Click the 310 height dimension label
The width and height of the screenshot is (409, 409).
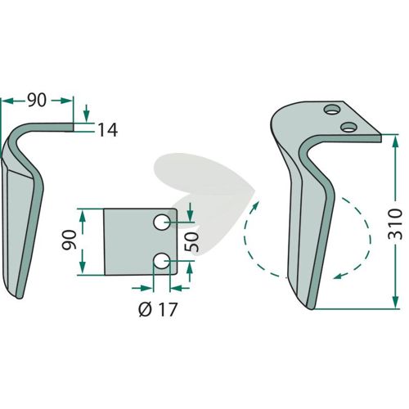[x=395, y=224]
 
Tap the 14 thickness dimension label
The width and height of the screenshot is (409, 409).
[x=107, y=130]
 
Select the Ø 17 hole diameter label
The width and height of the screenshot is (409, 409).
[x=158, y=309]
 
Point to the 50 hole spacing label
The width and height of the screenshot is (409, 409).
[x=191, y=241]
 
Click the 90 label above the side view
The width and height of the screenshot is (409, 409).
[x=37, y=101]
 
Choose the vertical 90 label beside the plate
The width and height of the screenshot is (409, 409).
[x=69, y=240]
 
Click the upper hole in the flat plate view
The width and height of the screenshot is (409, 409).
[x=162, y=222]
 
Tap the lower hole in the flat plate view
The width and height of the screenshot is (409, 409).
[x=162, y=261]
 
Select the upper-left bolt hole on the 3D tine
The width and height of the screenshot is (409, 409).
[x=332, y=110]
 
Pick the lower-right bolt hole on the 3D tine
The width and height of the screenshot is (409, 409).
[x=348, y=127]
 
